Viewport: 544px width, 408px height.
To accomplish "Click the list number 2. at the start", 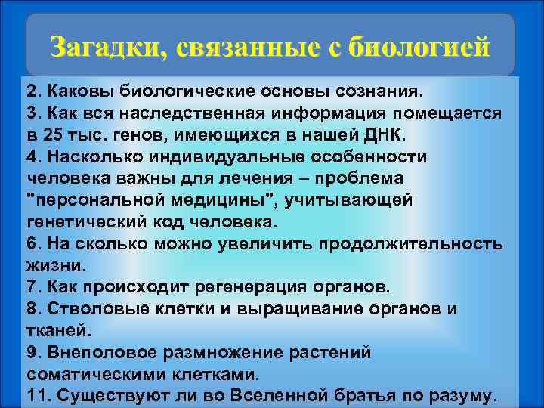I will [33, 91].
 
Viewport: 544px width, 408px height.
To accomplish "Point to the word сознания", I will [381, 91].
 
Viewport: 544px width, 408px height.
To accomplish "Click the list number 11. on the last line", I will [37, 396].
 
